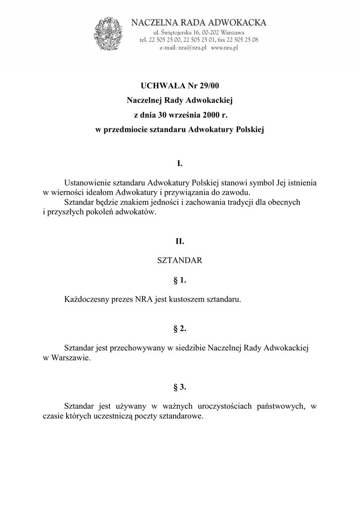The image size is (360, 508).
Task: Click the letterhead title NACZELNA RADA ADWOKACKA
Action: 199,22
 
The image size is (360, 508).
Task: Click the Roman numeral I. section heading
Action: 180,163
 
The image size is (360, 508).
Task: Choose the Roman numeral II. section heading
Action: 180,242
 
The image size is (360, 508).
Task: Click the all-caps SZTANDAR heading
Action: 180,260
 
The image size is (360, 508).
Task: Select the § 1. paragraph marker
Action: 180,280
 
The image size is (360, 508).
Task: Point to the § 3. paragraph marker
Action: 180,386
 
